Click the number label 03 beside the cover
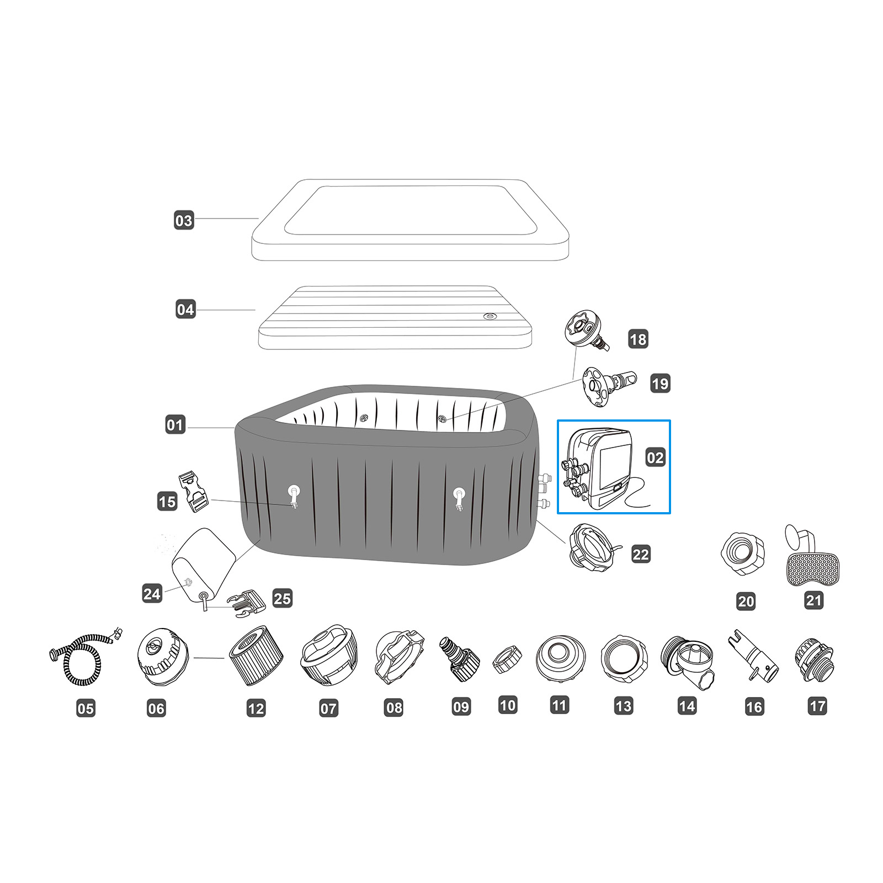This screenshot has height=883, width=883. [184, 221]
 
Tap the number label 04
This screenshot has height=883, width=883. [185, 309]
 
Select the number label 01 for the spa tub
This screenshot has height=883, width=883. [175, 425]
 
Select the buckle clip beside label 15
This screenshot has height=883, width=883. [193, 491]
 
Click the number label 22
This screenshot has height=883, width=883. [641, 554]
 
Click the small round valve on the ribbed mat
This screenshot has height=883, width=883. [490, 316]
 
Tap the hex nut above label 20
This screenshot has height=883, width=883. [743, 554]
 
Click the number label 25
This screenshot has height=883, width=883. [282, 598]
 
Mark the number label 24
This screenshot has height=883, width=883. [152, 594]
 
